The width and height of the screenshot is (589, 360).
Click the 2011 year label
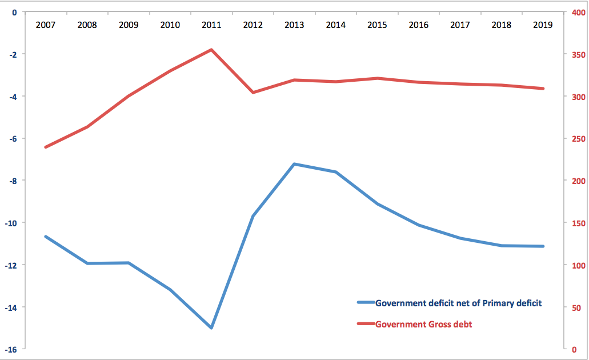tap(211, 25)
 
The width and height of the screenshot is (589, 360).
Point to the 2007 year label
tap(45, 25)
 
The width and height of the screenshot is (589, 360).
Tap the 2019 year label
tap(542, 25)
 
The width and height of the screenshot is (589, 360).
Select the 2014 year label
tap(335, 25)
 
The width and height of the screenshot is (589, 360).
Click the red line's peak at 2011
tap(211, 50)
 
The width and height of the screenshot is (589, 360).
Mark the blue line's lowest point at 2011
tap(211, 327)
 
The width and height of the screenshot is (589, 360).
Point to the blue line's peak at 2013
tap(294, 164)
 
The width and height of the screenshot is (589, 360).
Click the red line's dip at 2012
tap(253, 92)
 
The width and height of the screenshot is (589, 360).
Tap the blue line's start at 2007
tap(45, 236)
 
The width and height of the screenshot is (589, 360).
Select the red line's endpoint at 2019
tap(543, 89)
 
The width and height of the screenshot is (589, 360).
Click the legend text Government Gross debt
tap(423, 325)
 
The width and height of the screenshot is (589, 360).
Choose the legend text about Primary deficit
tap(458, 303)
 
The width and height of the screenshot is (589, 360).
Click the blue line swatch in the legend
tap(365, 303)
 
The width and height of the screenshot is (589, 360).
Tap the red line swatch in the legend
tap(365, 325)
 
